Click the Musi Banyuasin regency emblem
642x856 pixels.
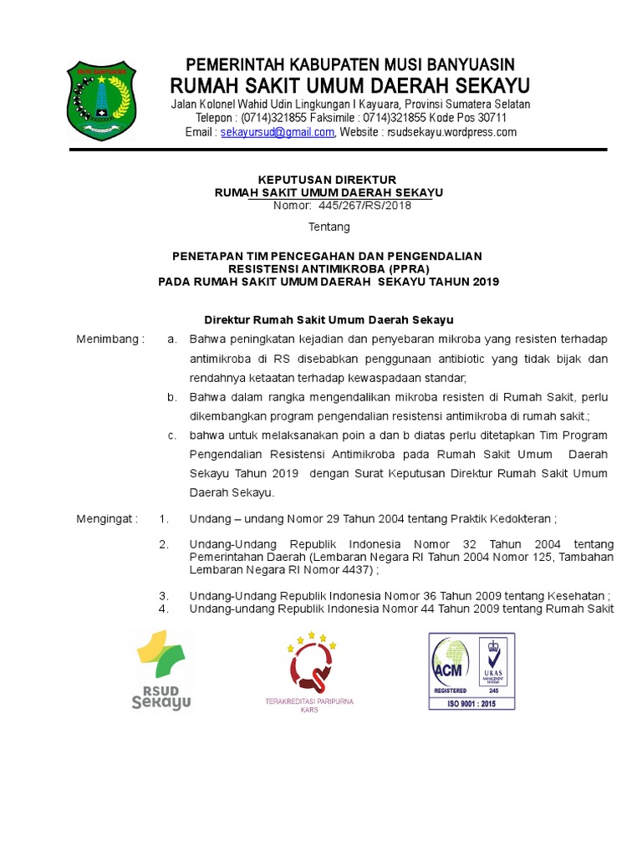coord(100,101)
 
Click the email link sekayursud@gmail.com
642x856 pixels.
coord(278,132)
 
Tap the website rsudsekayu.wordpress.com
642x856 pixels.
coord(458,132)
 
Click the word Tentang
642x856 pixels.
coord(329,227)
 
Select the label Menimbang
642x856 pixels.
coord(110,339)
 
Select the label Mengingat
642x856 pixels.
coord(107,518)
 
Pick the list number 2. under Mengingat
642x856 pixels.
coord(164,544)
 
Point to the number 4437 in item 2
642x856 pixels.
coord(354,570)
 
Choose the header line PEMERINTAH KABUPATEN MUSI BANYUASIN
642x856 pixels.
coord(349,64)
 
